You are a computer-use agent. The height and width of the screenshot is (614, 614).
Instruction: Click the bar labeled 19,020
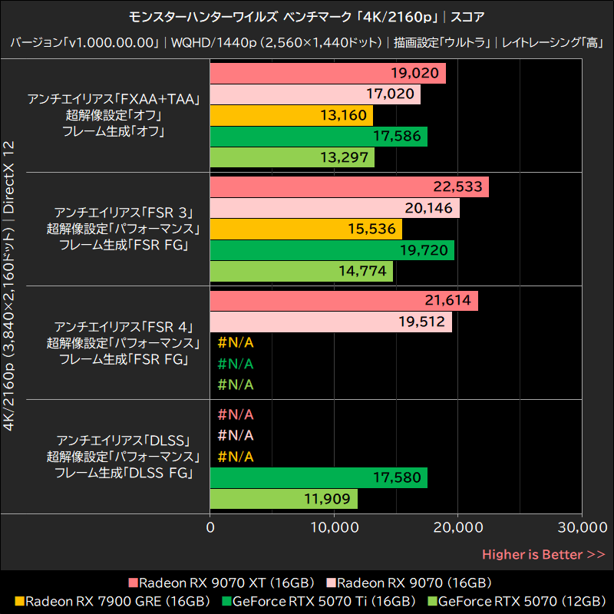[327, 74]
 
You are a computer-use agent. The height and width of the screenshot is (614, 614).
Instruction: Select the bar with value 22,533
[348, 187]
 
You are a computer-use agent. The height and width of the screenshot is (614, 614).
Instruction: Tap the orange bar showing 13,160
[291, 116]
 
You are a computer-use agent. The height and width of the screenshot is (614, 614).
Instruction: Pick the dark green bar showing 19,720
[332, 251]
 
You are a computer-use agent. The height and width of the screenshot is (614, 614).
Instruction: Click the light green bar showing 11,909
[283, 499]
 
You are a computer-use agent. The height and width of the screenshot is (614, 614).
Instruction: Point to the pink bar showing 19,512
[330, 322]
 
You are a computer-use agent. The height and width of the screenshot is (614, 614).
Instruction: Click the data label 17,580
[397, 478]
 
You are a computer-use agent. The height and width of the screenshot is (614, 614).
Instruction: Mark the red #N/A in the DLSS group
[235, 415]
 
